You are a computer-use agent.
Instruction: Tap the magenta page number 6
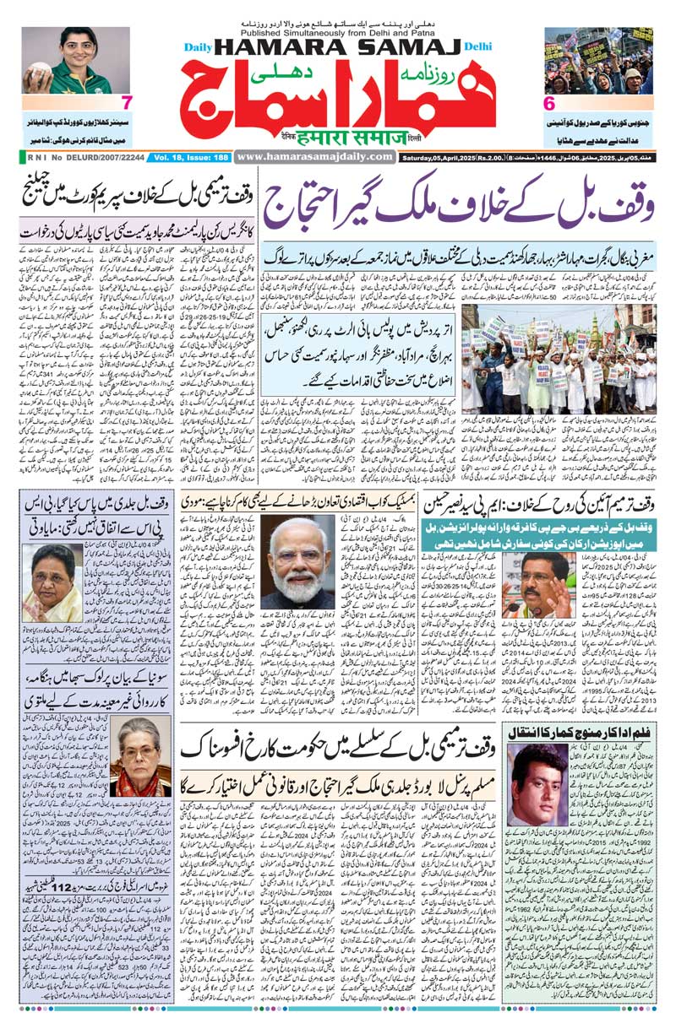(x=547, y=104)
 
